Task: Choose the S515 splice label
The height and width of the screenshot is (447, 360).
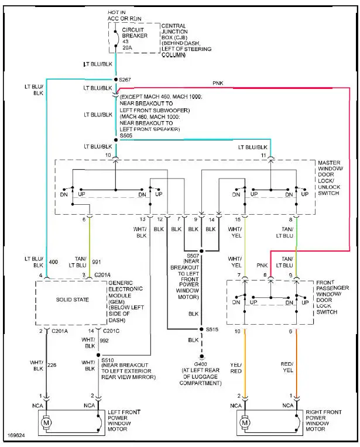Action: (x=212, y=329)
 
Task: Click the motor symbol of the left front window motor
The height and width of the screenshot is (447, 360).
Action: (x=46, y=422)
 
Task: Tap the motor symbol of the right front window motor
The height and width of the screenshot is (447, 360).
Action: (x=244, y=422)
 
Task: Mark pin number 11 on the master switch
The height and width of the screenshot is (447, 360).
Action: (x=264, y=156)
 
